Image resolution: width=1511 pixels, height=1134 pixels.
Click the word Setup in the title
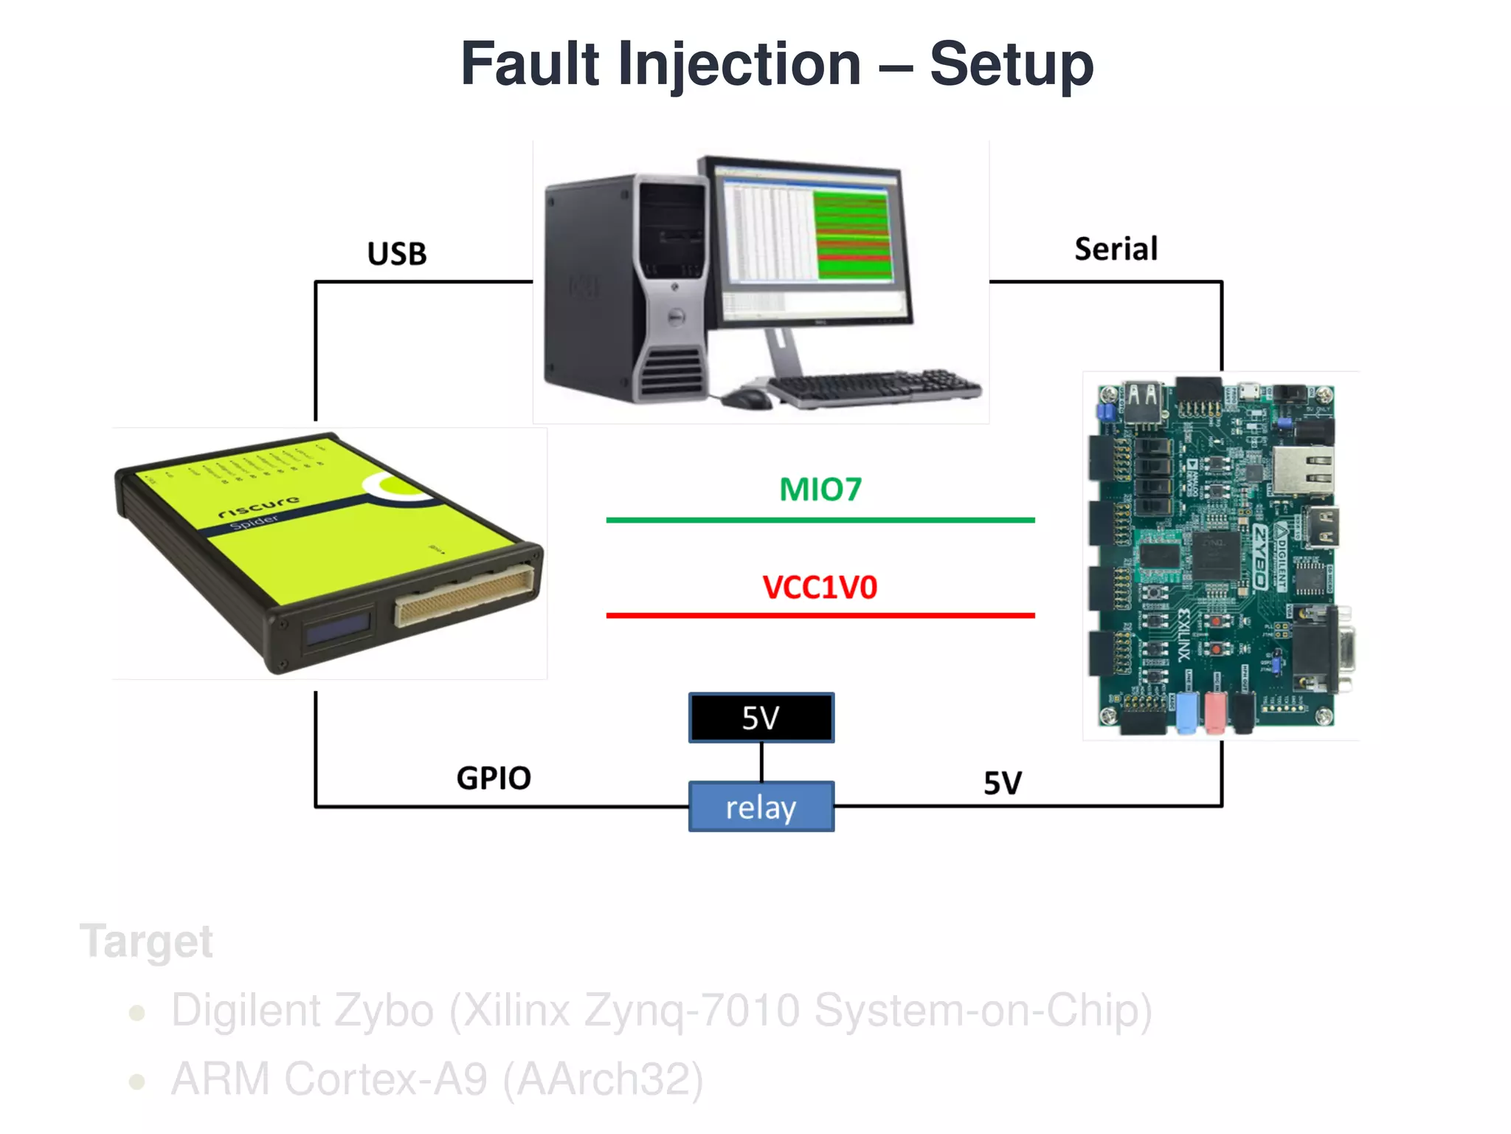click(x=1011, y=65)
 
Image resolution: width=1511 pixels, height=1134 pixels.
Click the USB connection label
click(x=397, y=254)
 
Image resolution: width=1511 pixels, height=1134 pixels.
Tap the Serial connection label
click(x=1116, y=250)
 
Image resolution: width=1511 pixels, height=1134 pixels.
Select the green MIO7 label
click(x=820, y=489)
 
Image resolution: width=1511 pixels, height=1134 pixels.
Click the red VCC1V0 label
click(x=820, y=588)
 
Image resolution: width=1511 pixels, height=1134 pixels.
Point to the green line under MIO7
click(x=820, y=520)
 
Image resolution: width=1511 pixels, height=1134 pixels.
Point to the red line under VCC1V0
click(x=820, y=615)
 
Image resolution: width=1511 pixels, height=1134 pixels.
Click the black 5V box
click(x=761, y=718)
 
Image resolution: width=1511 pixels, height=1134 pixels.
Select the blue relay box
click(x=761, y=807)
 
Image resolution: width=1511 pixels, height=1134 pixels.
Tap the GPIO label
click(x=494, y=778)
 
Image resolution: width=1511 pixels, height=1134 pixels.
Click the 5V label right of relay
click(x=1003, y=783)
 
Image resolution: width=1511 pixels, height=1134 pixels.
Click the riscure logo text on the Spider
click(x=259, y=506)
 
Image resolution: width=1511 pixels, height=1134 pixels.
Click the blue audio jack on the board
click(x=1186, y=712)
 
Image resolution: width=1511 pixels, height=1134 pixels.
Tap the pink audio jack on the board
click(x=1214, y=712)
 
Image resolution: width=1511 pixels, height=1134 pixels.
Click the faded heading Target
click(x=147, y=941)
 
